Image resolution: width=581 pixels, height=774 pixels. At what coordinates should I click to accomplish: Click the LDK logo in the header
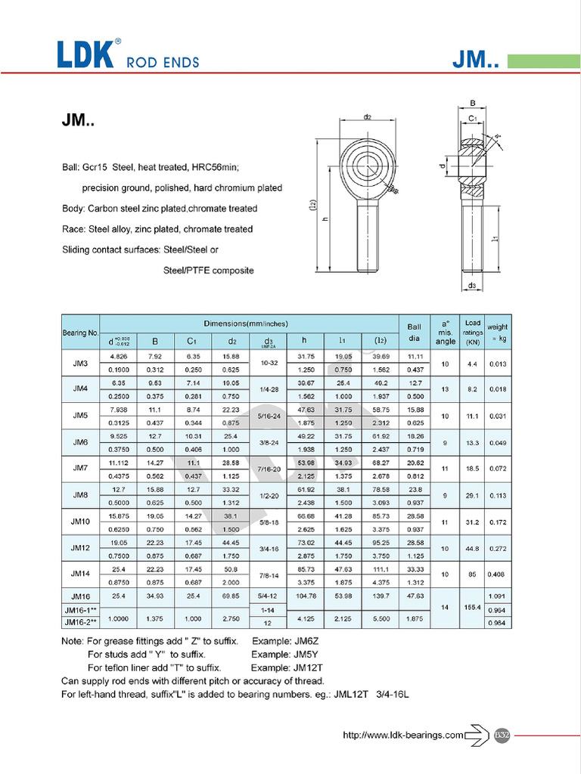[85, 54]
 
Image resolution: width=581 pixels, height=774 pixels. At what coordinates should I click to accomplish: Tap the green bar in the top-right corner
[543, 60]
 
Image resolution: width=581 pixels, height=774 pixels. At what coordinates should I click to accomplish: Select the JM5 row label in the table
[80, 415]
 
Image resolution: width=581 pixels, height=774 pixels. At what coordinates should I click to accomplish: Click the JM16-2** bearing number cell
[80, 622]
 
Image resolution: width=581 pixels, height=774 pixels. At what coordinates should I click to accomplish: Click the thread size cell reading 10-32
[268, 363]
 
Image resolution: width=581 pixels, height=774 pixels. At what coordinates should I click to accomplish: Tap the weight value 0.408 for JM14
[498, 574]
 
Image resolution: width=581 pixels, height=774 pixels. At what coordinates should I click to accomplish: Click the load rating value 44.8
[473, 547]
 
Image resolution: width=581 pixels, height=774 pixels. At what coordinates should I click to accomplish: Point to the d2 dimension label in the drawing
[367, 117]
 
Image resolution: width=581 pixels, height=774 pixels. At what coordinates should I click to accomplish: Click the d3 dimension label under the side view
[471, 286]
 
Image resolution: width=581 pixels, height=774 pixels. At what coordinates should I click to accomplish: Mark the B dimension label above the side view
[471, 104]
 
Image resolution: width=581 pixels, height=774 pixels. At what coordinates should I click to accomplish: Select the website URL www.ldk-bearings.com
[402, 735]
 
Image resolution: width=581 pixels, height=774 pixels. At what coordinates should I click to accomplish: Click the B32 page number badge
[500, 734]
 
